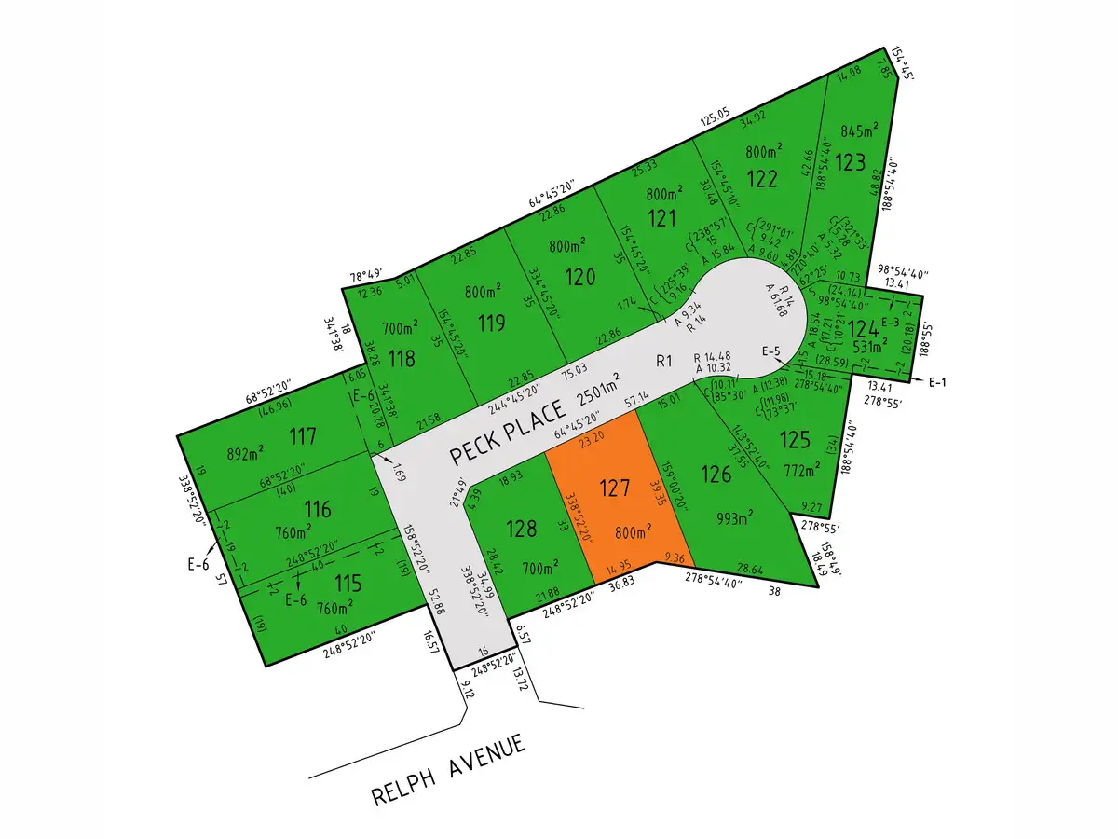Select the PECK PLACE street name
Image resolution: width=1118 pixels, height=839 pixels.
[x=507, y=433]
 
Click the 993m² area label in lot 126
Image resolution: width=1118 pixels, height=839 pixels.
[x=737, y=518]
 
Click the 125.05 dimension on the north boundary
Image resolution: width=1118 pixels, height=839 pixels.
[x=715, y=120]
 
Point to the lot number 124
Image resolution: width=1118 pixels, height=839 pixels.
[x=863, y=329]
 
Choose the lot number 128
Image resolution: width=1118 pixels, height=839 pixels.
[x=522, y=529]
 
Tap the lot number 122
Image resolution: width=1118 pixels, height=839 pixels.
[x=762, y=180]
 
